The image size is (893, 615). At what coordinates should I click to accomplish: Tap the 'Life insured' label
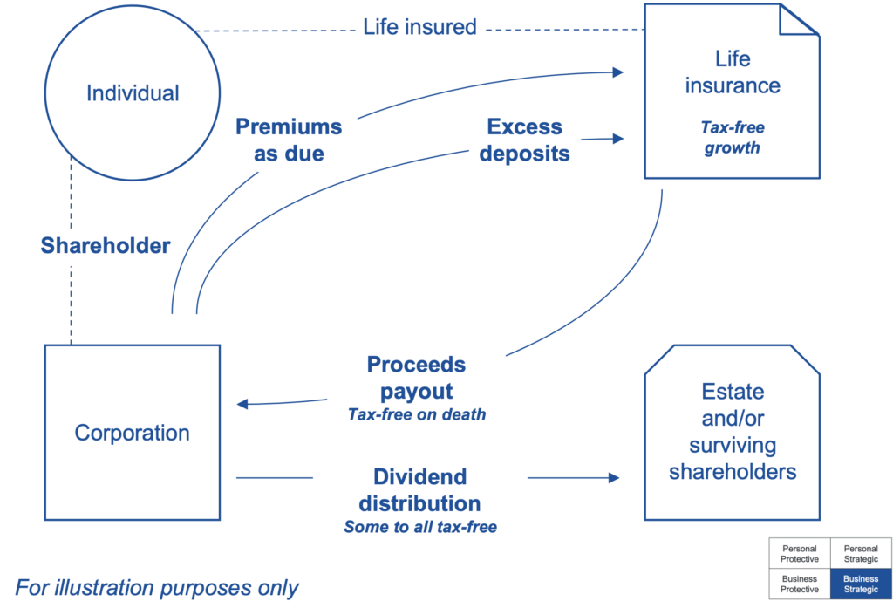click(x=419, y=27)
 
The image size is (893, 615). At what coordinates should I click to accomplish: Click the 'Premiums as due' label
click(x=289, y=140)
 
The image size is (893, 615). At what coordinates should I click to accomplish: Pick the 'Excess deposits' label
click(x=524, y=140)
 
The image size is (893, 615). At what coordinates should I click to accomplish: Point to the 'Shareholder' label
click(x=106, y=245)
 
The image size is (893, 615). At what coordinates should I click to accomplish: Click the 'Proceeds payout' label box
click(x=416, y=376)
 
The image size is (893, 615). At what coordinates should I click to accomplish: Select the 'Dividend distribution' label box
click(x=419, y=489)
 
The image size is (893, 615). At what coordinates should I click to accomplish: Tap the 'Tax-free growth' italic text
click(x=732, y=138)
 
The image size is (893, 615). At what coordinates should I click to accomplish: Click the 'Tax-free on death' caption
click(x=417, y=415)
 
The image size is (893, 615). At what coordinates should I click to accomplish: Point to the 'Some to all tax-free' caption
click(x=419, y=527)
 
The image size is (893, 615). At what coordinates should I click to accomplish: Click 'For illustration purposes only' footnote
click(x=157, y=588)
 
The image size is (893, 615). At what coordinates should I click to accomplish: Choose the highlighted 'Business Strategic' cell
click(x=861, y=584)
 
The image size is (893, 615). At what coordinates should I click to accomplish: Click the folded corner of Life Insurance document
click(x=798, y=20)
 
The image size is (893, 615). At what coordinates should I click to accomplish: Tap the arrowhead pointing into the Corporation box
click(x=242, y=404)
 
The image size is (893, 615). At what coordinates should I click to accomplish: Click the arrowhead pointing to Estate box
click(x=614, y=477)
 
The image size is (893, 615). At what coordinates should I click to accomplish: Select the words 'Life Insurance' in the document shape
click(x=732, y=72)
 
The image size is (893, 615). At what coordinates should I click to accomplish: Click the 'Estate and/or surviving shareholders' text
click(x=733, y=432)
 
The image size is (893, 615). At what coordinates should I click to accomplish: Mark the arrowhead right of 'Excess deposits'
click(x=620, y=138)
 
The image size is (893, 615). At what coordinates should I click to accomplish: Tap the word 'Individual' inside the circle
click(x=133, y=93)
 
